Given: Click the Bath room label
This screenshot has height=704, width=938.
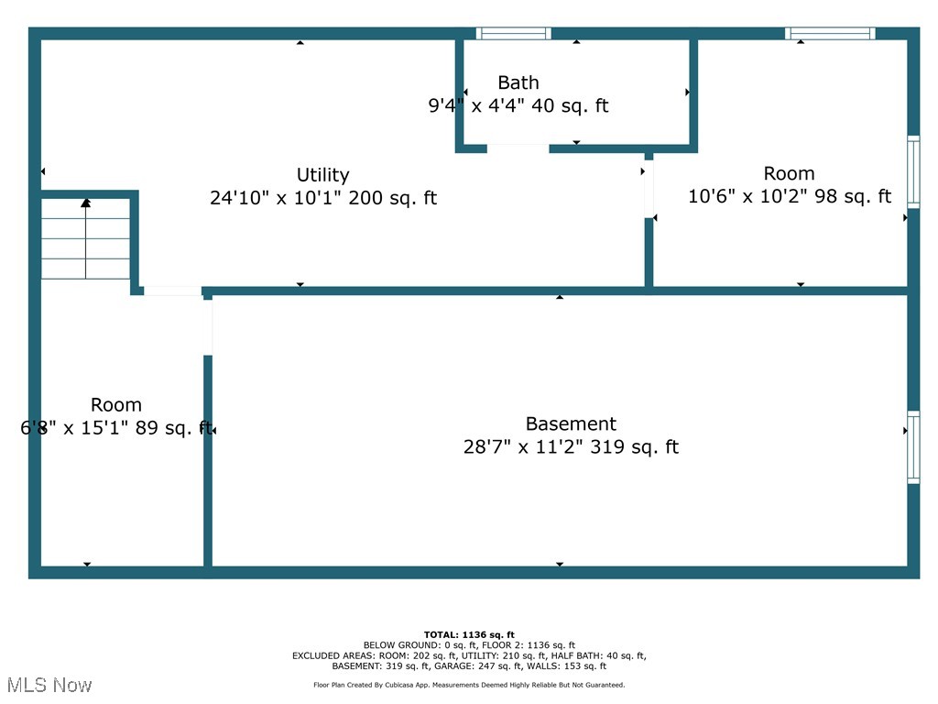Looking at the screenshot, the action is pos(518,82).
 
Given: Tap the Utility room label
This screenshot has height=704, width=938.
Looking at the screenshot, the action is pos(323,175).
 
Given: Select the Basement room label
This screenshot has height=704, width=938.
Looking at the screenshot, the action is pos(571,423).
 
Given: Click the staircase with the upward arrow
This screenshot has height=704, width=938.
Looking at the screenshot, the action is pos(85,239).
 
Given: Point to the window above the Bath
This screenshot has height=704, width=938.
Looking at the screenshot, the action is pos(513,34).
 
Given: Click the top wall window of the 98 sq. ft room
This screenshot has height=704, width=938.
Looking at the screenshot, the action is pos(830,34).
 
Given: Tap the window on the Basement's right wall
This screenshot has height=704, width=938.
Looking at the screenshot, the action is pos(913,447).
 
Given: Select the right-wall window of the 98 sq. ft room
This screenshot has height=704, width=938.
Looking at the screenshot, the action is pos(913,172).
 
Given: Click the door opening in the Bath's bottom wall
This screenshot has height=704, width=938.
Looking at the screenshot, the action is pos(518,148).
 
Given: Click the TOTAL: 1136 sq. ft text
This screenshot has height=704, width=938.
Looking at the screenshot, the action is pos(469,634).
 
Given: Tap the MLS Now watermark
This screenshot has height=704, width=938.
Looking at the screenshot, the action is pos(49,685).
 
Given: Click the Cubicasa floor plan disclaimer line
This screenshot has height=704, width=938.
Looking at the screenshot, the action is pos(469,685).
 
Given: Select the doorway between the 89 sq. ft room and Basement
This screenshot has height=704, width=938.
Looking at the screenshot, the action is pos(208,327).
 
